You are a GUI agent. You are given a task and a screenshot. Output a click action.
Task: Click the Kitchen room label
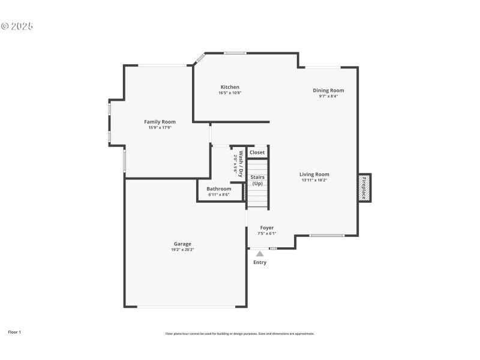230,87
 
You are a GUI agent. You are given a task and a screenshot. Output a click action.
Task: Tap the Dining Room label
328,91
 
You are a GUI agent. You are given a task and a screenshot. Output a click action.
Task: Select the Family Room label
160,122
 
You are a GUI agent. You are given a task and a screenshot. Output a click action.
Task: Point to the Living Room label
314,175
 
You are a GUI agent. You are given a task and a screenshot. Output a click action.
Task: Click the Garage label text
182,244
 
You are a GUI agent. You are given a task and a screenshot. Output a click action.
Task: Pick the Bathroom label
219,188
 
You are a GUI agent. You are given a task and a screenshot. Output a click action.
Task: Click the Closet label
257,152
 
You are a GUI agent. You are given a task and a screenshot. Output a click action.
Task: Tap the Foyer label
267,228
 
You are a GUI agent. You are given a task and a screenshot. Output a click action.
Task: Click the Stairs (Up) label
257,180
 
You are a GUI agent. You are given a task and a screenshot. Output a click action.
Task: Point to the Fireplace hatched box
364,188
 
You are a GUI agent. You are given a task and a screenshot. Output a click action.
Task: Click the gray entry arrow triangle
260,254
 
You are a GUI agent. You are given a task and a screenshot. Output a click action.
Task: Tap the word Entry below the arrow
260,262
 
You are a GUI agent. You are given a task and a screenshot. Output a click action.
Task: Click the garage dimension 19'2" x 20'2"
182,250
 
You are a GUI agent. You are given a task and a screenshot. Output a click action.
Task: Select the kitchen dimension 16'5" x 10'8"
230,93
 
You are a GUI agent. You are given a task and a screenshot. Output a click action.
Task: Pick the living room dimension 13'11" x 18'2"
314,180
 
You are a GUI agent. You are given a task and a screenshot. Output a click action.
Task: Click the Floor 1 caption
14,332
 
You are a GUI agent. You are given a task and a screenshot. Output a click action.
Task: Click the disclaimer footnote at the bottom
239,334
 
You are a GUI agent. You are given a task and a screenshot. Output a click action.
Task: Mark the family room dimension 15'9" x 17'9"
160,127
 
